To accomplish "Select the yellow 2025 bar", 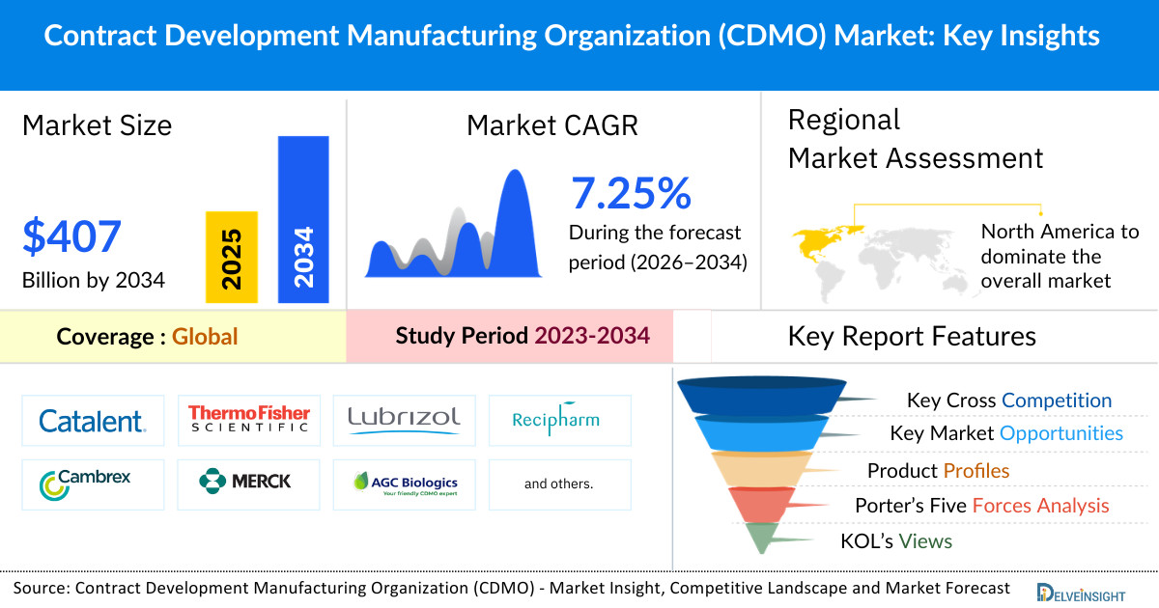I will [x=232, y=257].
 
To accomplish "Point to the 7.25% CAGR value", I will [x=631, y=194].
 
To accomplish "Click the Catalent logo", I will [x=92, y=420].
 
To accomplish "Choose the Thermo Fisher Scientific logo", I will [x=249, y=419].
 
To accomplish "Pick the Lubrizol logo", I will [x=404, y=419].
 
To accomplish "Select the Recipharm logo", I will [x=559, y=419].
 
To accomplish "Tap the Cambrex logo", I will [x=92, y=484].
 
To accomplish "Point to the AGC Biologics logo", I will [x=404, y=484].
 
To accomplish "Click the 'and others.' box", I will [x=559, y=484].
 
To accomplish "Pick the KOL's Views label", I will [x=896, y=541].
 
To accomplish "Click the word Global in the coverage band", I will [x=205, y=337].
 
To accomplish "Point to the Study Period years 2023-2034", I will [x=591, y=336].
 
